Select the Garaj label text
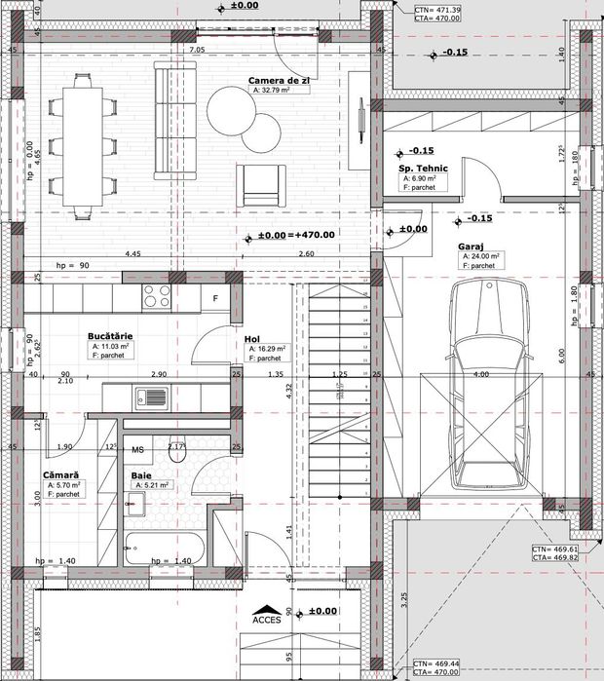coord(472,247)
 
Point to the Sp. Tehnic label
coord(422,169)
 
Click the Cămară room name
coord(60,474)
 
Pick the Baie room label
coord(141,474)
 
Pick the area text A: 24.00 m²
coord(481,256)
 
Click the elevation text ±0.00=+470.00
coord(296,235)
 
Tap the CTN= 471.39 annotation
coord(437,9)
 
